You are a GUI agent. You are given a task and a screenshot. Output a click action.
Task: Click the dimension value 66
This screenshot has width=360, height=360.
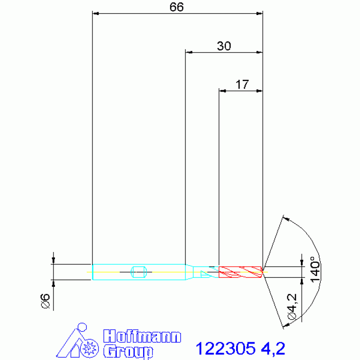(x=176, y=7)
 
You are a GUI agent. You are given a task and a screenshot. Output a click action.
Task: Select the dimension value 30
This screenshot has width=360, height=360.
(x=224, y=46)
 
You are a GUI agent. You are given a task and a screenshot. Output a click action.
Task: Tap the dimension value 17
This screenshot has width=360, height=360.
(x=242, y=84)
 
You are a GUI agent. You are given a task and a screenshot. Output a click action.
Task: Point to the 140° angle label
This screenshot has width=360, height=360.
(x=315, y=269)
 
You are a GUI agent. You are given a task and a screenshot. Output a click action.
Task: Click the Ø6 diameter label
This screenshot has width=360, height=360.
(x=45, y=301)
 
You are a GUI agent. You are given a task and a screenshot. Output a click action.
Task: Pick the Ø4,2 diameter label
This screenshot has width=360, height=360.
(x=292, y=307)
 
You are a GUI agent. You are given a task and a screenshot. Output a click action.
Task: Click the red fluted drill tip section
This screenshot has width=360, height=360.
(x=240, y=272)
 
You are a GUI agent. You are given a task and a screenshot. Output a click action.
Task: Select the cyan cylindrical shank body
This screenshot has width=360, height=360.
(x=139, y=272)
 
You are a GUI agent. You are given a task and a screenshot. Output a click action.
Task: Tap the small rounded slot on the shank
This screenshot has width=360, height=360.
(x=138, y=272)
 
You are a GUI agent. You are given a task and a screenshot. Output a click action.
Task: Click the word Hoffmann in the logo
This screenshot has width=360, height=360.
(x=142, y=337)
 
